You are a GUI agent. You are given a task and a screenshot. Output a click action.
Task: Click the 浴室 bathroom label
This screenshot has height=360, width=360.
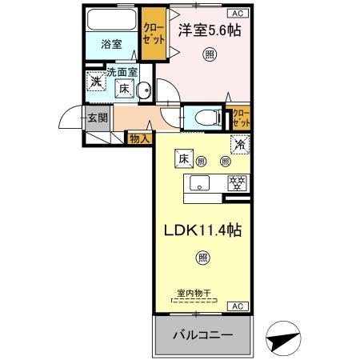(x=111, y=45)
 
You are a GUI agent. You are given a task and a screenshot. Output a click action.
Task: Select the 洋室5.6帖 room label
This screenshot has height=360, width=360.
(x=210, y=30)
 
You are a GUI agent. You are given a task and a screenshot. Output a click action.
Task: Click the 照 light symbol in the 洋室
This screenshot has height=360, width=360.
(x=209, y=54)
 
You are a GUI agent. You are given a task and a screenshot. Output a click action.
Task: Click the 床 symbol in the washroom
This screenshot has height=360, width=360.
(x=126, y=90)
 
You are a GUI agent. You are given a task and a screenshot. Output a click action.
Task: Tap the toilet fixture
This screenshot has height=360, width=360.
(x=204, y=118)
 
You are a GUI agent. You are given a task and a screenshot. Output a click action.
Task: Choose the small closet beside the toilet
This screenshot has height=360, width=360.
(x=240, y=118)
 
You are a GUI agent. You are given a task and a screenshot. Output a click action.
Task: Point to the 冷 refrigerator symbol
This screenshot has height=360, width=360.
(x=238, y=146)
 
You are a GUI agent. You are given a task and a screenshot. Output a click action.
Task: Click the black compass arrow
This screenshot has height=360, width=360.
(x=282, y=339)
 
